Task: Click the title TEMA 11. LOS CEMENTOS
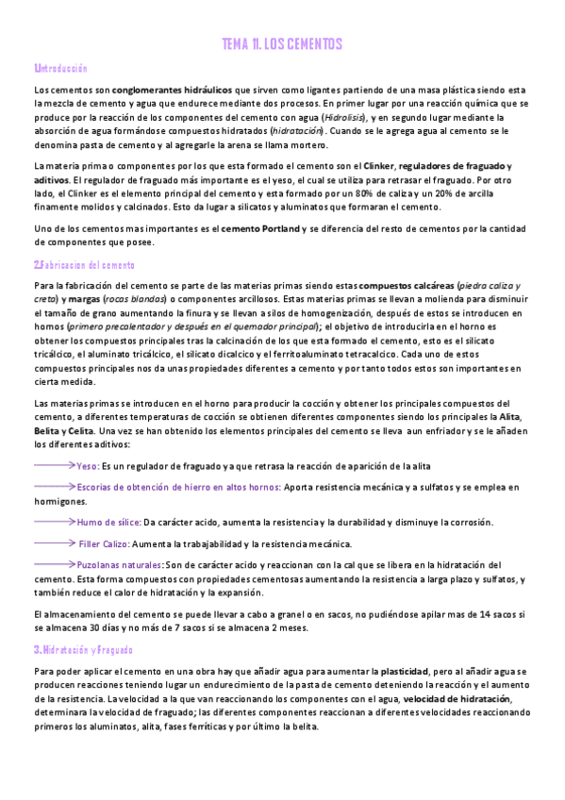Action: (x=282, y=44)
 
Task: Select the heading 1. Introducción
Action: (x=60, y=69)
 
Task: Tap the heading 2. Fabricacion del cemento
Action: (x=84, y=265)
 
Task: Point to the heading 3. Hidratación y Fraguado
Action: (x=83, y=650)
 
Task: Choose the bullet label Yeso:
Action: (x=88, y=466)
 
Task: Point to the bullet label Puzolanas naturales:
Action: (x=119, y=564)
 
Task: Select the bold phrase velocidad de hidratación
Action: (x=457, y=698)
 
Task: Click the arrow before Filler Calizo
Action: (x=54, y=543)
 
